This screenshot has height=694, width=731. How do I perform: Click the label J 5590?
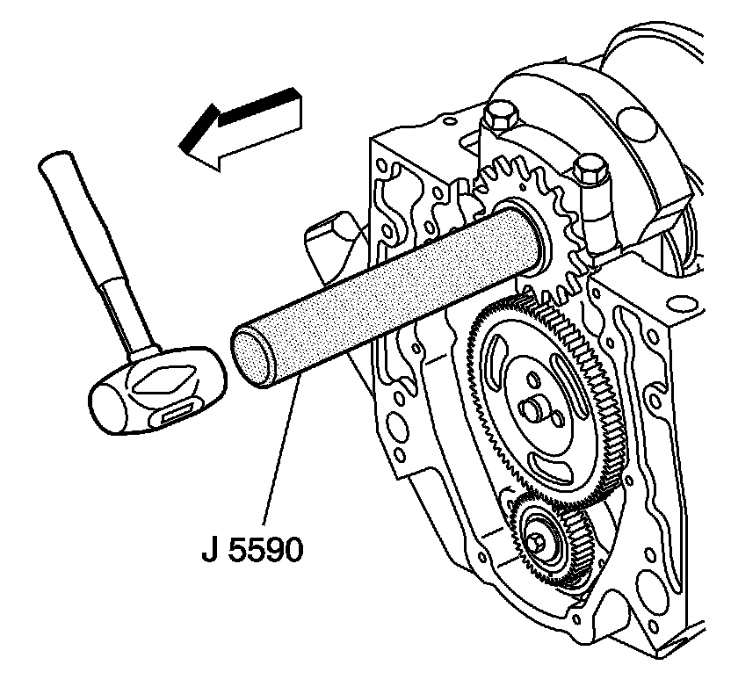click(x=250, y=551)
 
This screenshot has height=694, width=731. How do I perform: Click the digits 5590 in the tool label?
click(x=267, y=551)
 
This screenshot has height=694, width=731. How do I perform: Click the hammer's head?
click(x=155, y=391)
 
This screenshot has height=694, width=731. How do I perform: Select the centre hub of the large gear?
click(x=535, y=405)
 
